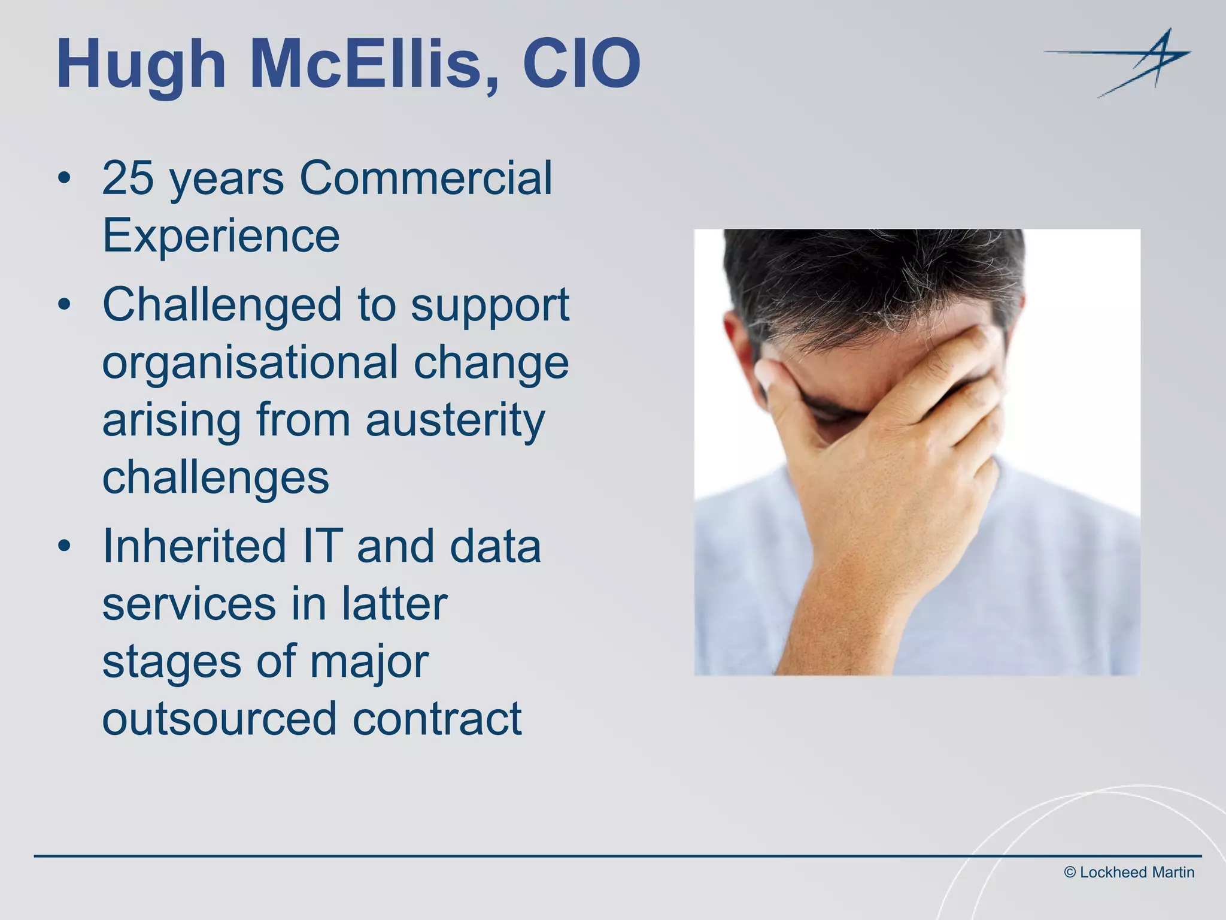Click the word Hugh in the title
pos(141,65)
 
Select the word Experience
pos(221,235)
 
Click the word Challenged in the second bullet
pos(221,305)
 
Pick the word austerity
pos(456,420)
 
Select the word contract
pos(437,718)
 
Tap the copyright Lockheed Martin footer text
pos(1129,873)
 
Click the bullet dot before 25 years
pos(65,179)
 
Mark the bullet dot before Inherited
pos(65,547)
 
